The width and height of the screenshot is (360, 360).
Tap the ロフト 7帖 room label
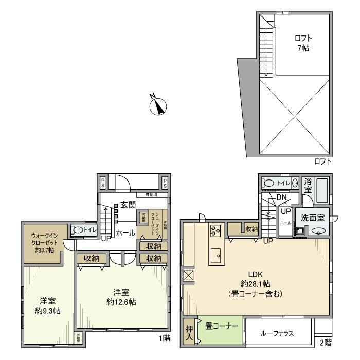point(303,43)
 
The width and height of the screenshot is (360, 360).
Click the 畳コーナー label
point(222,326)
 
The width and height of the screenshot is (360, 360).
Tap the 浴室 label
point(308,186)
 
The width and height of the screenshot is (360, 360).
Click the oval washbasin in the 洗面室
point(317,231)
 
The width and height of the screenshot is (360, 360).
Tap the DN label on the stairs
point(281,197)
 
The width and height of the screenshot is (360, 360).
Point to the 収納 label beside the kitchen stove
point(251,229)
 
